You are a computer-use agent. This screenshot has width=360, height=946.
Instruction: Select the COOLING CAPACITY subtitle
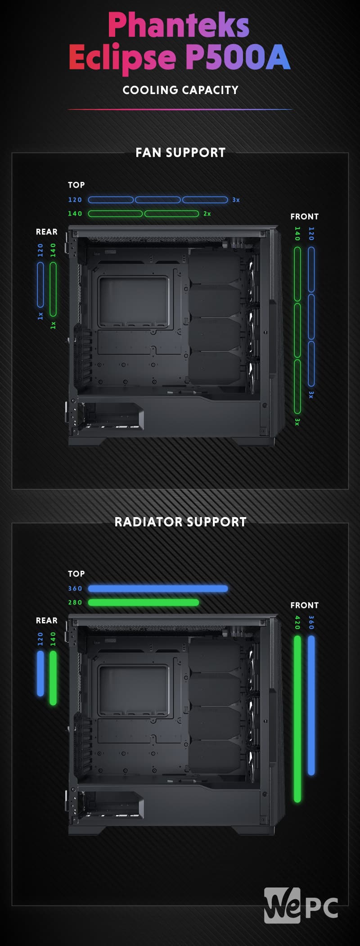(x=180, y=90)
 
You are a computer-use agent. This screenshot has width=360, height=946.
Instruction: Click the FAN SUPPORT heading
(x=180, y=153)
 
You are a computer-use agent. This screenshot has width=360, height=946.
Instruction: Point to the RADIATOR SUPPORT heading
(x=180, y=522)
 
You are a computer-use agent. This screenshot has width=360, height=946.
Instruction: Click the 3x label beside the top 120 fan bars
(x=236, y=200)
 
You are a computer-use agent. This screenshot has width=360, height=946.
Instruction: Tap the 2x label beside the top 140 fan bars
(x=207, y=214)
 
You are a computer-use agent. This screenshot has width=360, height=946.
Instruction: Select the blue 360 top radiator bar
(x=158, y=588)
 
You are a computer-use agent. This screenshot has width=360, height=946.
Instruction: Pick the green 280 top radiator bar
(x=144, y=602)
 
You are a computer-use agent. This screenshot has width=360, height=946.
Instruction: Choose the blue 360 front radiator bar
(x=311, y=705)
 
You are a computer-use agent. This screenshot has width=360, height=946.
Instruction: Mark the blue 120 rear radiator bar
(x=40, y=673)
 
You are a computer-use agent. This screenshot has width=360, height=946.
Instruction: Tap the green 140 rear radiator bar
(x=53, y=678)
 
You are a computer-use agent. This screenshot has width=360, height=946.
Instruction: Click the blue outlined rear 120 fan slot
(x=40, y=285)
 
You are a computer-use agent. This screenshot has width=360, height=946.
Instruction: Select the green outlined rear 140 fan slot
(x=53, y=289)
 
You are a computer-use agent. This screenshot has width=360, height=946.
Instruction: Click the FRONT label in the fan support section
(x=304, y=216)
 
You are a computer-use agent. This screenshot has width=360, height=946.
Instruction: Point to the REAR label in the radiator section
(x=47, y=621)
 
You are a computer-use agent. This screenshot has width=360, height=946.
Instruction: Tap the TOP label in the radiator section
(x=76, y=574)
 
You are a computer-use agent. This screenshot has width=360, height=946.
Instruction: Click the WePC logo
(x=301, y=905)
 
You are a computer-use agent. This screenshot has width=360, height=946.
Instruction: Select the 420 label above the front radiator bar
(x=297, y=622)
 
